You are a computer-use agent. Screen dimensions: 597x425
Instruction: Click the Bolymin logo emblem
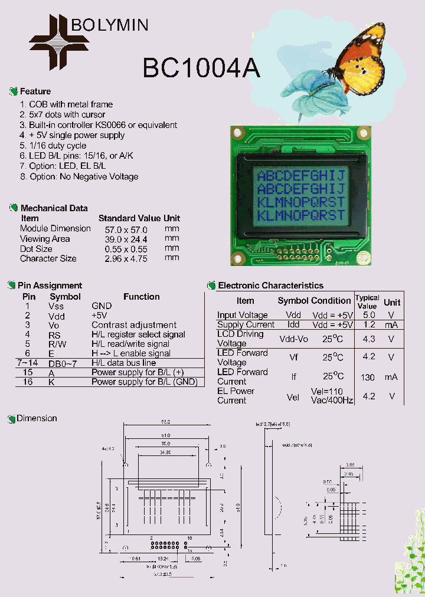pyautogui.click(x=59, y=41)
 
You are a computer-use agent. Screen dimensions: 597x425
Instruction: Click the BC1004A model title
pyautogui.click(x=201, y=68)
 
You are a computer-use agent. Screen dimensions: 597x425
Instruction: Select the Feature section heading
pyautogui.click(x=35, y=91)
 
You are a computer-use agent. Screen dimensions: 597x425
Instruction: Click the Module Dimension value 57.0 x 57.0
pyautogui.click(x=126, y=229)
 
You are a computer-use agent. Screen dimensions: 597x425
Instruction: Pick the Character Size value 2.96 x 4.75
pyautogui.click(x=126, y=258)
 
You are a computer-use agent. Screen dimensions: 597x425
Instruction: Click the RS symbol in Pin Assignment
pyautogui.click(x=55, y=334)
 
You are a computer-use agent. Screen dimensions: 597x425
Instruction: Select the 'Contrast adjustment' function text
pyautogui.click(x=134, y=325)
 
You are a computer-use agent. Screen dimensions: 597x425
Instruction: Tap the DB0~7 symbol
pyautogui.click(x=61, y=363)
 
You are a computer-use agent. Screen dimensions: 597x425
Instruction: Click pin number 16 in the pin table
pyautogui.click(x=28, y=382)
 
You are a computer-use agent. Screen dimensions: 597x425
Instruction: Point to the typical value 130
pyautogui.click(x=367, y=378)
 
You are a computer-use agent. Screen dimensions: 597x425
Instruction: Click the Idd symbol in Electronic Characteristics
pyautogui.click(x=293, y=324)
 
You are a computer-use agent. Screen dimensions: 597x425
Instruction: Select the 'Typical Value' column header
pyautogui.click(x=367, y=302)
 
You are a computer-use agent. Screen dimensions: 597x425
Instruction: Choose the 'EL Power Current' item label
pyautogui.click(x=236, y=396)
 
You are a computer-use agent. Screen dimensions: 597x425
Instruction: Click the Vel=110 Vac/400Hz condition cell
pyautogui.click(x=332, y=396)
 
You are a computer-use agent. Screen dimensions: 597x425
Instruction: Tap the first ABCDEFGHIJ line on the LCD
pyautogui.click(x=301, y=176)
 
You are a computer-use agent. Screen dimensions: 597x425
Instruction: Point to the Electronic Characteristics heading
pyautogui.click(x=271, y=286)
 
